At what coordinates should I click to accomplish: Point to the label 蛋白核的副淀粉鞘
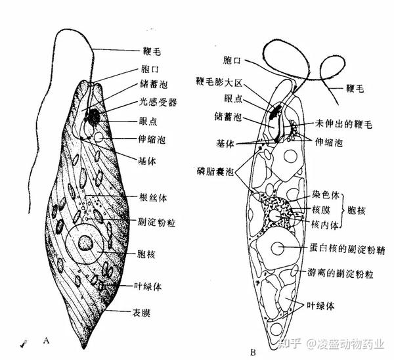343,249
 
